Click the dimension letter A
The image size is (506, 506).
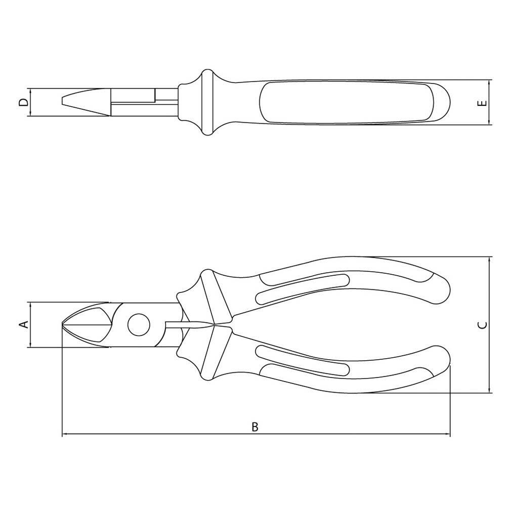pos(24,325)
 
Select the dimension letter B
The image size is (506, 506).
pos(255,427)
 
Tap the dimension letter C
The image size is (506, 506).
pos(482,325)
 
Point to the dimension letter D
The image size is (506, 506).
pos(23,102)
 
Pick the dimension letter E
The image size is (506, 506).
pos(482,103)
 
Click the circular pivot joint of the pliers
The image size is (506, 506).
pos(139,325)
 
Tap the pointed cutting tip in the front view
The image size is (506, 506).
pos(62,324)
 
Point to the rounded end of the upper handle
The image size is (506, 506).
pos(442,288)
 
